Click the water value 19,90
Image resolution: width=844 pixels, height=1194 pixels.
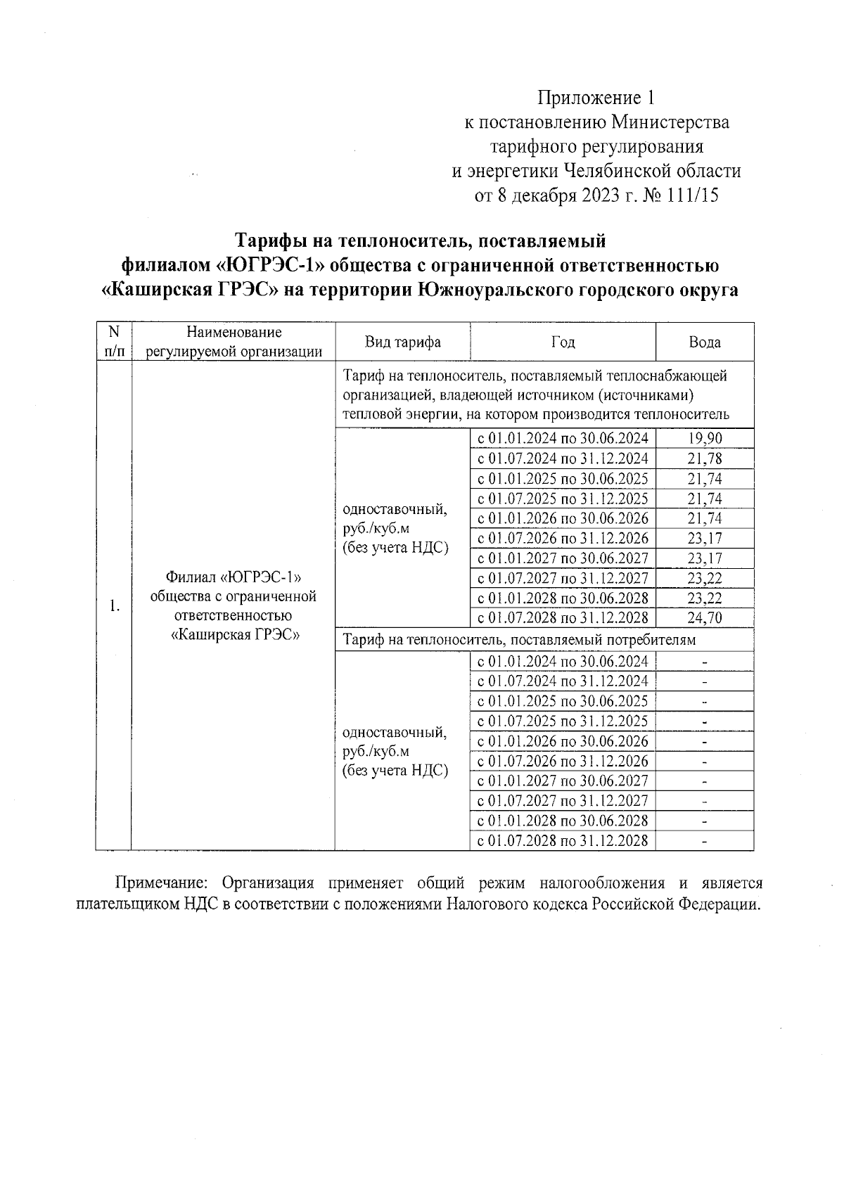pyautogui.click(x=704, y=439)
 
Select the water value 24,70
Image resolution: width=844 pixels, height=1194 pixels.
pyautogui.click(x=704, y=618)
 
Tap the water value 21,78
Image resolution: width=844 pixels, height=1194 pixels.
pyautogui.click(x=704, y=459)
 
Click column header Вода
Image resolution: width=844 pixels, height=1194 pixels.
pyautogui.click(x=704, y=342)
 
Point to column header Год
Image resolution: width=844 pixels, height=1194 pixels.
pyautogui.click(x=563, y=342)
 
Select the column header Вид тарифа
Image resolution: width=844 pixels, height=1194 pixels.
pyautogui.click(x=402, y=342)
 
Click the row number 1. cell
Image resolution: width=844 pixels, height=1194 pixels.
pyautogui.click(x=114, y=607)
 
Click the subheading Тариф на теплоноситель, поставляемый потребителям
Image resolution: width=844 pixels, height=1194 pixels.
pyautogui.click(x=519, y=640)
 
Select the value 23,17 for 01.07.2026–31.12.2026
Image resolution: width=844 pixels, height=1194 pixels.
pyautogui.click(x=704, y=539)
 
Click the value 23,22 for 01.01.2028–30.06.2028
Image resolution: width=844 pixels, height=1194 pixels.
pyautogui.click(x=704, y=598)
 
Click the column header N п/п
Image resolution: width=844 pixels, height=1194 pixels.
pyautogui.click(x=114, y=342)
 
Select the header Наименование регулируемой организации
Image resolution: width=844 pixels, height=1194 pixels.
pyautogui.click(x=234, y=342)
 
